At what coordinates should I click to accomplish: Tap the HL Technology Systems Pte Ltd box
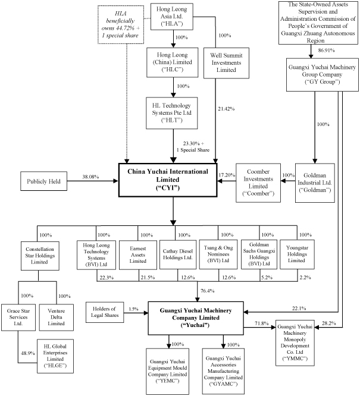[x=173, y=113]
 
